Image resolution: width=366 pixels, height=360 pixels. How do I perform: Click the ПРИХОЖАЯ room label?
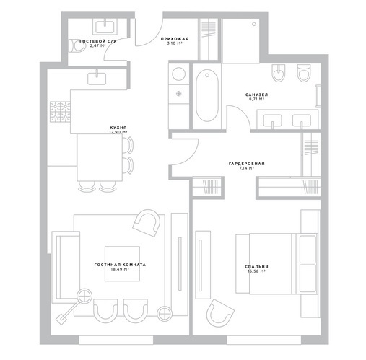coord(175,39)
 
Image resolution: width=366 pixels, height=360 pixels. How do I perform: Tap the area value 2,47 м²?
coord(97,45)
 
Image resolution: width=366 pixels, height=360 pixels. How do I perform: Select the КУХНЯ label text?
coord(118,128)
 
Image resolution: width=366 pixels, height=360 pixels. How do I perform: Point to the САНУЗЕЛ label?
coord(256,95)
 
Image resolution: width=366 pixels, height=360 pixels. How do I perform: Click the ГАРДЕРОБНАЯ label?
coord(247,164)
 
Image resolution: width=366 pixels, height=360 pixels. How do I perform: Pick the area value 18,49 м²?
coord(120,269)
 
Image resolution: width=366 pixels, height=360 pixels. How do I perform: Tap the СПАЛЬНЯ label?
coord(256,266)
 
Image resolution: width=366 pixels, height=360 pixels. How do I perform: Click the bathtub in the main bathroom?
coord(207,95)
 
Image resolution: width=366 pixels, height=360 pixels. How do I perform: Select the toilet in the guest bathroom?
coord(77,45)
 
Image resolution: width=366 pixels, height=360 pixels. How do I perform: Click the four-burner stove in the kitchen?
coord(60,112)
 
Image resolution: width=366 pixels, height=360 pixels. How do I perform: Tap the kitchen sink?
coord(97,79)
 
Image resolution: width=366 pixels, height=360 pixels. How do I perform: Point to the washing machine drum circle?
coord(179,74)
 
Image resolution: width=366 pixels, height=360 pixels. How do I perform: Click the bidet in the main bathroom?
coord(279,73)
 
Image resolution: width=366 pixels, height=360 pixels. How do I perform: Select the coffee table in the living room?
coord(122,264)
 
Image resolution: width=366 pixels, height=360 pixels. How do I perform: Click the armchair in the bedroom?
coord(219,313)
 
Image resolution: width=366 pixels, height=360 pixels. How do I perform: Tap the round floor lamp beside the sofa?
coord(84,296)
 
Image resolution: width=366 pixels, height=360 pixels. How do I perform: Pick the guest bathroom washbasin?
coord(105,27)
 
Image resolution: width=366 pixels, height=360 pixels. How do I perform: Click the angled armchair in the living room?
coord(147,223)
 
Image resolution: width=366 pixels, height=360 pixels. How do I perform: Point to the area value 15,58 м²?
coord(256,271)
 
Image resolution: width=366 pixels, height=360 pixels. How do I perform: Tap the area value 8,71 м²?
coord(256,99)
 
